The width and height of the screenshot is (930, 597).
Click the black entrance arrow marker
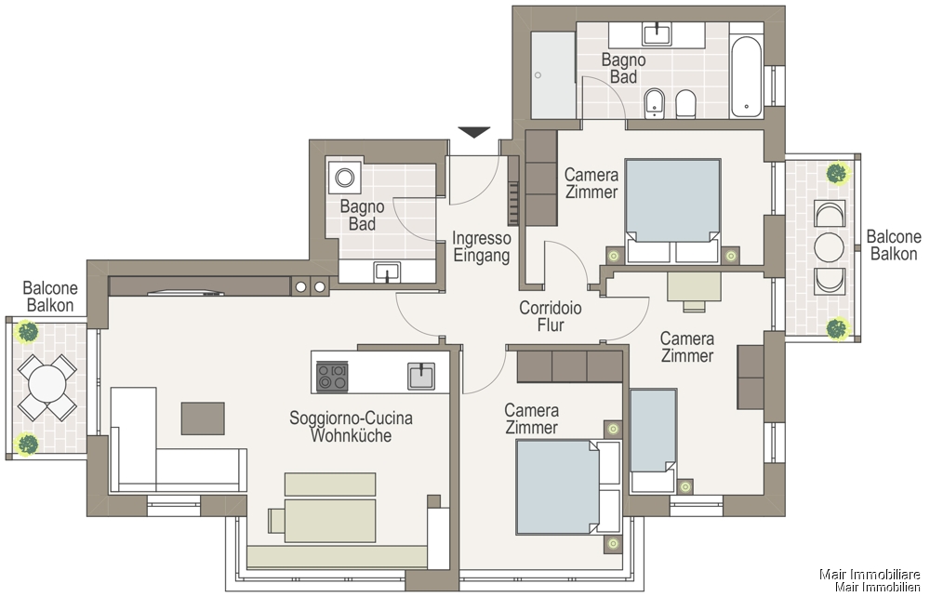pos(474,132)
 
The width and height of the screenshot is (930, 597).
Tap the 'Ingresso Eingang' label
pos(481,246)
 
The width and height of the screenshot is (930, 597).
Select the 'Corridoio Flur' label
pos(551,316)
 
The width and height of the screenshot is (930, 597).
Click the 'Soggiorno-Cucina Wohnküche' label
pos(352,426)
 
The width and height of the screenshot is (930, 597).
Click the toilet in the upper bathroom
pos(685,104)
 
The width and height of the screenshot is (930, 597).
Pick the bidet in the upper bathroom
pos(654,104)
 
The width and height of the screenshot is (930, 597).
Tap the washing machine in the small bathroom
pos(345,176)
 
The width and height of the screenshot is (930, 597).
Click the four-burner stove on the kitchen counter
pos(332,377)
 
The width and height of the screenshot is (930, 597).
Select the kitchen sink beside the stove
pos(421,376)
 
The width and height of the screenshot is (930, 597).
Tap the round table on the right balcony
pos(830,247)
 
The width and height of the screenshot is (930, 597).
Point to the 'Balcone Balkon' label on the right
pos(893,245)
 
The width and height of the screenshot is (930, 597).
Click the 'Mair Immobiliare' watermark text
pos(870,574)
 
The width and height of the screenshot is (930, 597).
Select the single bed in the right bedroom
pos(653,440)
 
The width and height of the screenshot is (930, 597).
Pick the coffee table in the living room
pos(203,418)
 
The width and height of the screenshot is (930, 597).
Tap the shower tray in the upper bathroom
pos(552,75)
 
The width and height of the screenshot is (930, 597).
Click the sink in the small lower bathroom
pos(387,272)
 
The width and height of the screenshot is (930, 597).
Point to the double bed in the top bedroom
pos(672,210)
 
